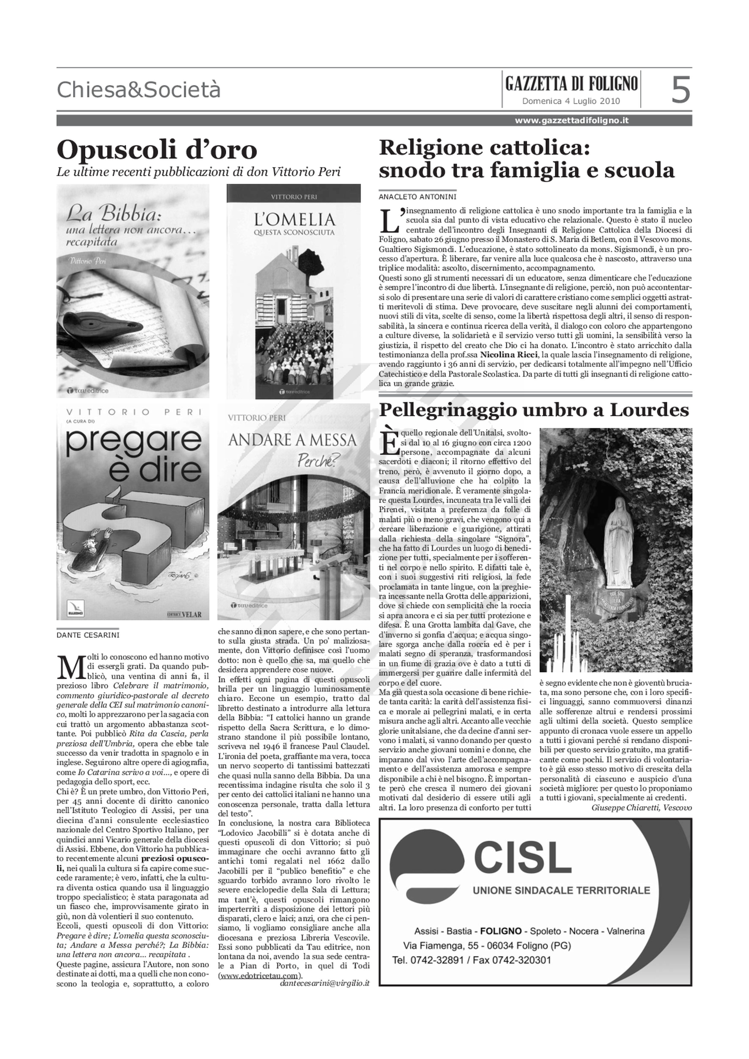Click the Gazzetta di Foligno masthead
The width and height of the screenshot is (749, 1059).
571,84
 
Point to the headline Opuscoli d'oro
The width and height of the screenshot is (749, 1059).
157,150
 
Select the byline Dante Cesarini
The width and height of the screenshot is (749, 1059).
87,635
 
